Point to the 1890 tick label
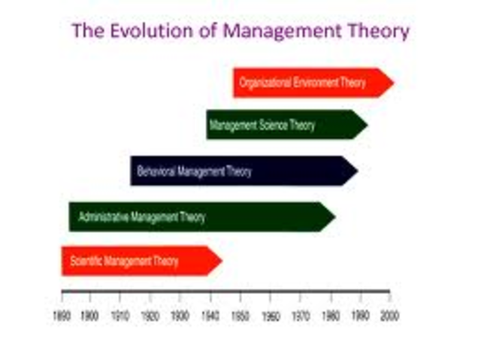click(x=62, y=315)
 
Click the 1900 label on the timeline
click(x=90, y=315)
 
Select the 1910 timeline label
click(x=120, y=315)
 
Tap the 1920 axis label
click(x=150, y=315)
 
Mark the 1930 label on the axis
click(x=180, y=315)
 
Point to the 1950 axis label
click(x=240, y=315)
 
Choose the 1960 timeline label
click(x=271, y=315)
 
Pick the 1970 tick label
click(x=301, y=315)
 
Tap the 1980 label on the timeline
click(x=331, y=315)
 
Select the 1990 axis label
click(x=360, y=315)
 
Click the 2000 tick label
click(x=390, y=315)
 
